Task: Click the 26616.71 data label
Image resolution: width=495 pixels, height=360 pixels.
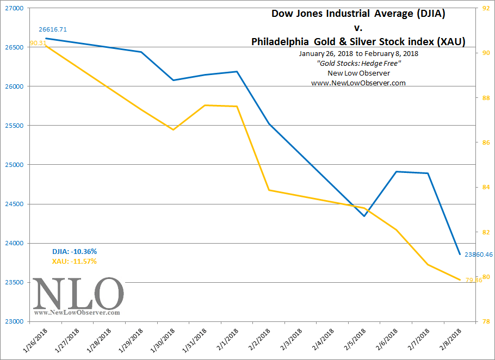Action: pyautogui.click(x=52, y=29)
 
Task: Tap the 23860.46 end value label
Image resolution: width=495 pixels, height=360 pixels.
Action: pyautogui.click(x=479, y=254)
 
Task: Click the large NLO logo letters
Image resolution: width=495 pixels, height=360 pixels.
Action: pyautogui.click(x=78, y=294)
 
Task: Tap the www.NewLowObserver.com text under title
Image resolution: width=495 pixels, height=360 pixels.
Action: pyautogui.click(x=358, y=83)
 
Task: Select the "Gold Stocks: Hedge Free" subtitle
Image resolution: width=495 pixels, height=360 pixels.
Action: pyautogui.click(x=358, y=64)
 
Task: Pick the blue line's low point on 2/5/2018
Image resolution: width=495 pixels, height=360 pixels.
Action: pyautogui.click(x=365, y=216)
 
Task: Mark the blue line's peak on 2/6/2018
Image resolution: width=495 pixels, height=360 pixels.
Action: pyautogui.click(x=397, y=172)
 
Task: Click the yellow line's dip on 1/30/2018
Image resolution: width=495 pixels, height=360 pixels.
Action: pyautogui.click(x=173, y=129)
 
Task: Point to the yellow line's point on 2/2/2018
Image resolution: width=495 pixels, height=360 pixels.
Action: pyautogui.click(x=269, y=190)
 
